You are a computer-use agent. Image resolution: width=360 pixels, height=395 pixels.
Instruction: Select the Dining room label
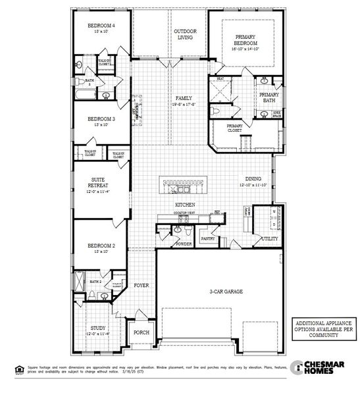(x=253, y=178)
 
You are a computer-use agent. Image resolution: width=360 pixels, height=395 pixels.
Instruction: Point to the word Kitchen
(x=184, y=205)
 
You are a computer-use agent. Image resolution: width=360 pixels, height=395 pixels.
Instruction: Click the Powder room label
(x=184, y=244)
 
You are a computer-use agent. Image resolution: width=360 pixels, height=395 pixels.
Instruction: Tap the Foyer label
(x=141, y=286)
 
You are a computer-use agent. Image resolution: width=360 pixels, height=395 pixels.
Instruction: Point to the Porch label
(x=141, y=332)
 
